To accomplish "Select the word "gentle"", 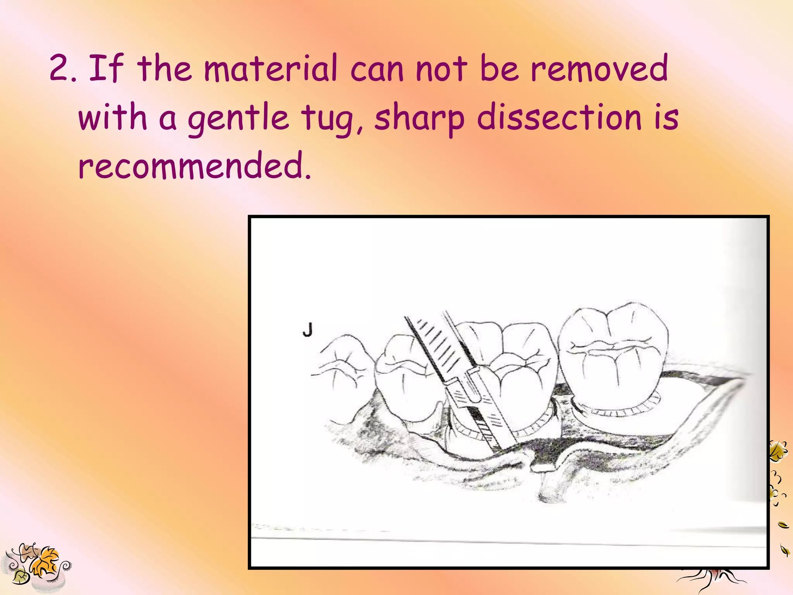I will click(x=238, y=118).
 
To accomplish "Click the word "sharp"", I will click(x=419, y=118).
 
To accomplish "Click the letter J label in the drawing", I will click(x=307, y=330).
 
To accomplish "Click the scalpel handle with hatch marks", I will click(x=438, y=349).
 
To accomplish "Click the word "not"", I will click(x=441, y=69).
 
